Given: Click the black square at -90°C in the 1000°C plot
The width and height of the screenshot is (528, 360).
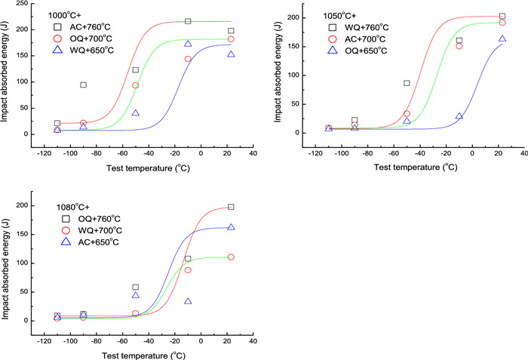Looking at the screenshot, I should (83, 85).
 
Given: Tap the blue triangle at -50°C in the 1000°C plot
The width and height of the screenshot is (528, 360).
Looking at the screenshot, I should (135, 113).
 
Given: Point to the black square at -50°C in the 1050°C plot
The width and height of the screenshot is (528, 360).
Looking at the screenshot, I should (407, 83).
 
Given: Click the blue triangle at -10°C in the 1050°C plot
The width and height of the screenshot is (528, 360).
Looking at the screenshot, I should (459, 116).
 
